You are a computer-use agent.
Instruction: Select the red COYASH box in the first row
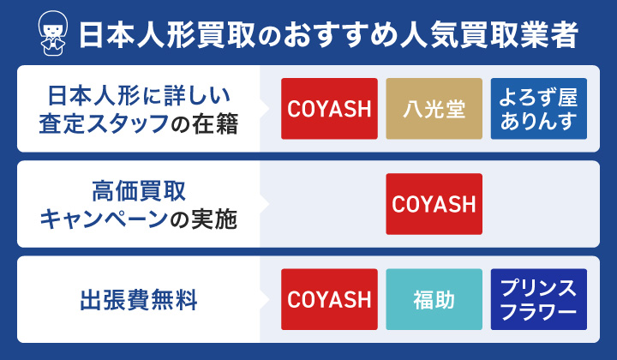tap(329, 108)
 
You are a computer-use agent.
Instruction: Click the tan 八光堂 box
tap(434, 108)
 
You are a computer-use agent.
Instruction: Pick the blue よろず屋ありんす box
tap(538, 108)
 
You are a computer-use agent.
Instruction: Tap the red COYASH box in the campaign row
tap(434, 204)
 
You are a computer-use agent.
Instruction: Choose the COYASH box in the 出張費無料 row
tap(329, 299)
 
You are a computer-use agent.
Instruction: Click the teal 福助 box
tap(434, 299)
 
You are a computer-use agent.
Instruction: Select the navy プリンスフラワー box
tap(538, 299)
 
